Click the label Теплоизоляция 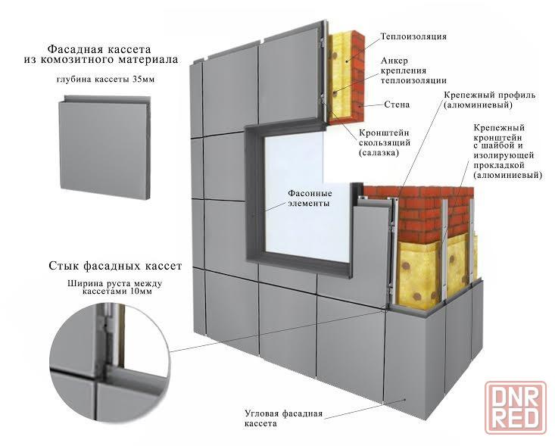[x=413, y=36]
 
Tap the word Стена [x=397, y=104]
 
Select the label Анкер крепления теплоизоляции [x=413, y=70]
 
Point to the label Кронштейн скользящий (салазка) [x=385, y=142]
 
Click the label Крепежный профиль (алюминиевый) [x=490, y=100]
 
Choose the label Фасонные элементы [x=310, y=198]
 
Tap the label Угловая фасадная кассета [x=283, y=419]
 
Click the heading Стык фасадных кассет [x=115, y=266]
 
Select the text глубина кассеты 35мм [x=105, y=80]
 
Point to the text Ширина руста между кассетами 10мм [x=114, y=287]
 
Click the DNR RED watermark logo [x=516, y=407]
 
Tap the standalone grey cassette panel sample [x=104, y=147]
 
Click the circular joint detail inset [x=110, y=363]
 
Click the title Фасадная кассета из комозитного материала [x=101, y=54]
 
